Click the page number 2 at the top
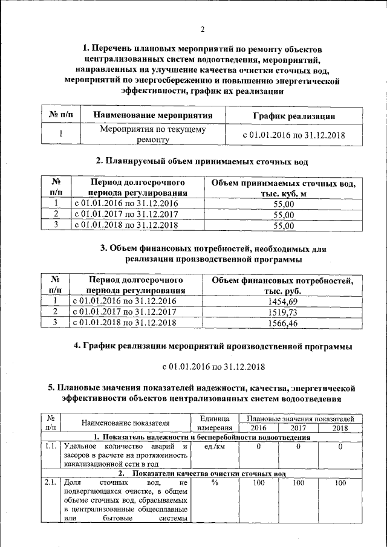coord(203,30)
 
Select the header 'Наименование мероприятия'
coord(152,115)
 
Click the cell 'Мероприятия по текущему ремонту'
coord(152,134)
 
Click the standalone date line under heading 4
coord(213,366)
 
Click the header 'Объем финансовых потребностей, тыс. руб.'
coord(282,285)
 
